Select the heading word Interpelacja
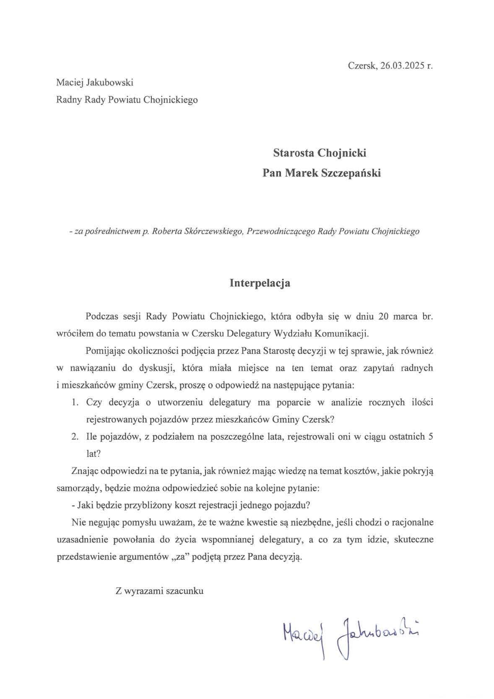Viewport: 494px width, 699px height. [x=260, y=283]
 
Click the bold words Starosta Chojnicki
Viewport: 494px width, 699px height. [x=320, y=153]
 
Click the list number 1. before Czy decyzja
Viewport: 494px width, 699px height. [x=75, y=403]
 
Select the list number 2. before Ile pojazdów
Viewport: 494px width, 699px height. [x=75, y=437]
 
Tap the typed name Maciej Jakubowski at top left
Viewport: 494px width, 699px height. [x=95, y=83]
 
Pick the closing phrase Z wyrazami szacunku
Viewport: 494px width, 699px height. [x=160, y=591]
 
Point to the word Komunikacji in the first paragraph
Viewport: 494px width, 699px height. [x=345, y=334]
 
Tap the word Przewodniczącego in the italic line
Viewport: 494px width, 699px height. [x=281, y=231]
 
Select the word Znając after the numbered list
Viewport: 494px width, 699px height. [x=85, y=471]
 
